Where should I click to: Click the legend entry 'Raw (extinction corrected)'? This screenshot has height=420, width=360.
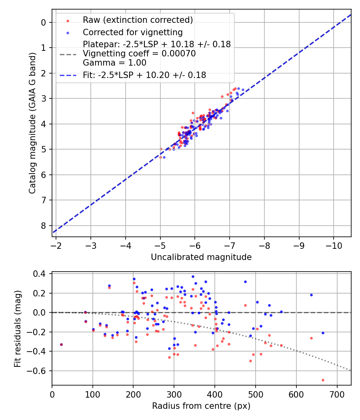(138, 20)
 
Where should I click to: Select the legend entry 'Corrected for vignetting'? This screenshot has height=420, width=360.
(132, 32)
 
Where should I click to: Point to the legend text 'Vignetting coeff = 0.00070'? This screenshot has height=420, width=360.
(139, 54)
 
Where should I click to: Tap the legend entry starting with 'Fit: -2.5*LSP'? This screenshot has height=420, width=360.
(144, 75)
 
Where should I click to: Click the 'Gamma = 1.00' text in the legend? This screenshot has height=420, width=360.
(114, 63)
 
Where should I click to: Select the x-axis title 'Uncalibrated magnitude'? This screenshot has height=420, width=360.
(201, 257)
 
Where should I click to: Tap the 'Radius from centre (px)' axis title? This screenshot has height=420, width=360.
(201, 406)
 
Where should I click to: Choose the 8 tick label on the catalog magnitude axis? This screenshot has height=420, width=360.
(44, 226)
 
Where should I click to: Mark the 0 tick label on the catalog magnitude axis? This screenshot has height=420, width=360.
(44, 22)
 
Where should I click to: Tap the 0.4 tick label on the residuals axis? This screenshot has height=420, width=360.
(42, 274)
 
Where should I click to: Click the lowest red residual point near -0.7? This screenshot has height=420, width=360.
(323, 380)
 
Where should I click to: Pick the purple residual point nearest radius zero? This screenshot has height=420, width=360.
(61, 344)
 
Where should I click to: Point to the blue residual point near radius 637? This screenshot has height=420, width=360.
(311, 295)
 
